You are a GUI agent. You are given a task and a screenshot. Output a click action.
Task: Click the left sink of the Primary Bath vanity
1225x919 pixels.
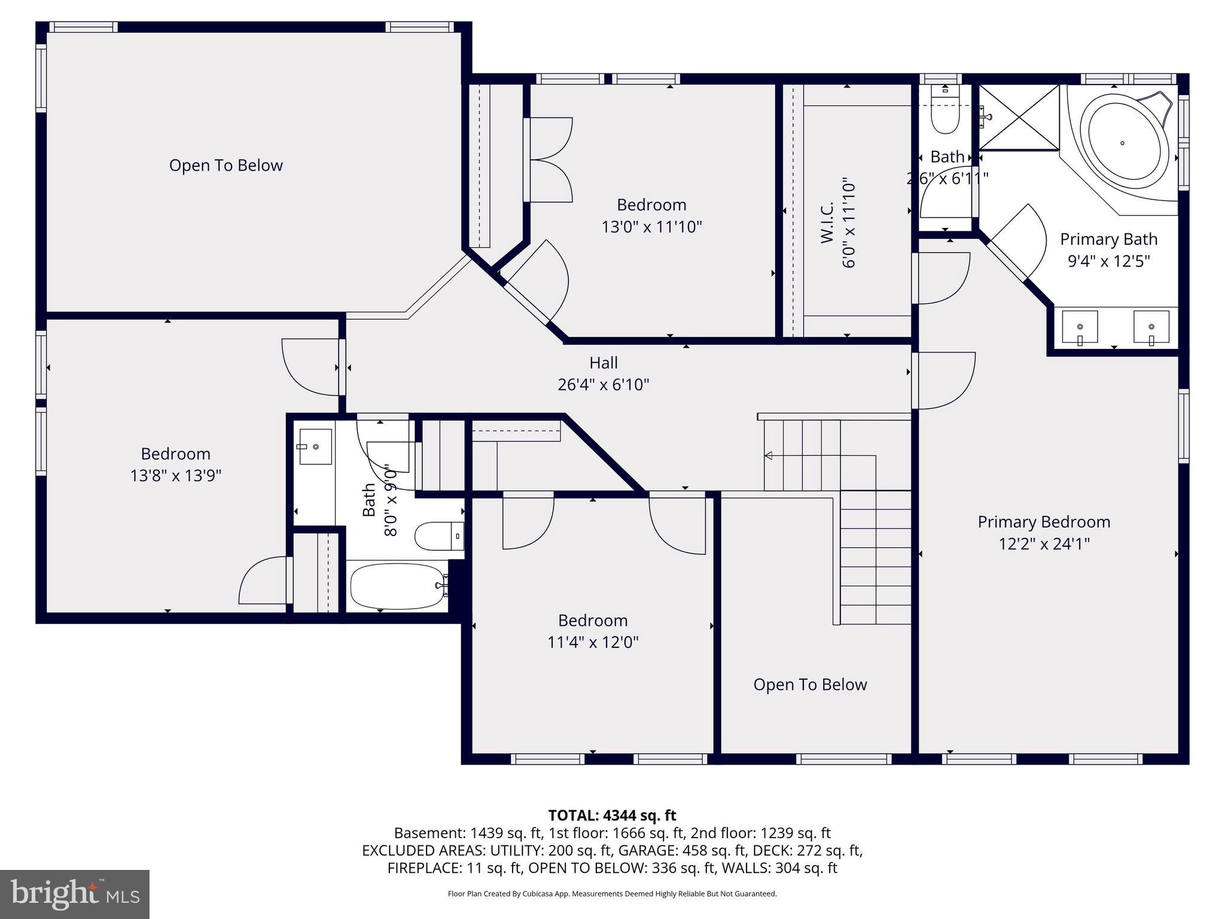coord(1080,327)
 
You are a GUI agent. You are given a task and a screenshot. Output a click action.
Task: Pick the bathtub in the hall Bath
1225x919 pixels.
coord(396,586)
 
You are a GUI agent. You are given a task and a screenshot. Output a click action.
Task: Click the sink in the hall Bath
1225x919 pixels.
coord(315,446)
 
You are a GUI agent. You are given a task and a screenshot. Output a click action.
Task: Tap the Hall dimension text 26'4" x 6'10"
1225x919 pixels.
coord(603,385)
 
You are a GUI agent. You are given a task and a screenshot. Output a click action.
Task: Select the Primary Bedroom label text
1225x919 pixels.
coord(1044,522)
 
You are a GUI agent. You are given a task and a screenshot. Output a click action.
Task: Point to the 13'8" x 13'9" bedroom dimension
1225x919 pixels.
coord(176,476)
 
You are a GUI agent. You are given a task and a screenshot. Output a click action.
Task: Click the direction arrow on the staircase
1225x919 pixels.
coord(769,456)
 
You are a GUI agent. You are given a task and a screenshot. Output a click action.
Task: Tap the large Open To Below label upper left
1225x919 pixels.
coord(226,166)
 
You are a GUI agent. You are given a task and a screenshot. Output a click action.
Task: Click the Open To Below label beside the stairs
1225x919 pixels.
coord(810,684)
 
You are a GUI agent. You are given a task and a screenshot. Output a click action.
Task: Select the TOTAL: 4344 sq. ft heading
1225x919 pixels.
coord(612,815)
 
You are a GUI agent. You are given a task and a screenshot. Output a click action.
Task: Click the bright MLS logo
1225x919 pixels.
coord(74,894)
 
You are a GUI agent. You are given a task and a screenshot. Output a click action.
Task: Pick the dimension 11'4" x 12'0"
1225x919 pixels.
coord(593,643)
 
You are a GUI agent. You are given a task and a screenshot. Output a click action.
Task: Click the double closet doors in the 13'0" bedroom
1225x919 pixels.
coord(549,160)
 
